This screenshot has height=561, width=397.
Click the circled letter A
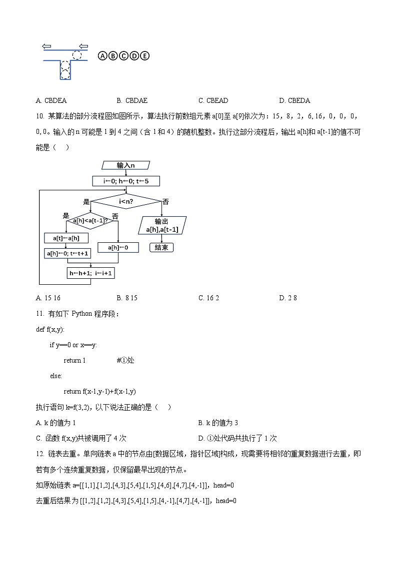(102, 55)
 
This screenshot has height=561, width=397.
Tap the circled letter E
(144, 55)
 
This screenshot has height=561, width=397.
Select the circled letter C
(123, 55)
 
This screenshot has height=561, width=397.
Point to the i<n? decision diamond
(125, 202)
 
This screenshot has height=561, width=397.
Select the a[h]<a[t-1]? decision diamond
(90, 220)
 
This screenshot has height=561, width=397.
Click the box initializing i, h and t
(125, 181)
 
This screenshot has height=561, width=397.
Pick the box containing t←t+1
(66, 253)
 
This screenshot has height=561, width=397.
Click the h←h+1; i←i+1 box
(90, 273)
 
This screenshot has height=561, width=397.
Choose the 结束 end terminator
(161, 247)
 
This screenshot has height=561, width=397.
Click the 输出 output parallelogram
(161, 225)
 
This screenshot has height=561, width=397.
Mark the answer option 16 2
(208, 298)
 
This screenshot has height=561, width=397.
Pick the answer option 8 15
(127, 298)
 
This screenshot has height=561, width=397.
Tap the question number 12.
(40, 454)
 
